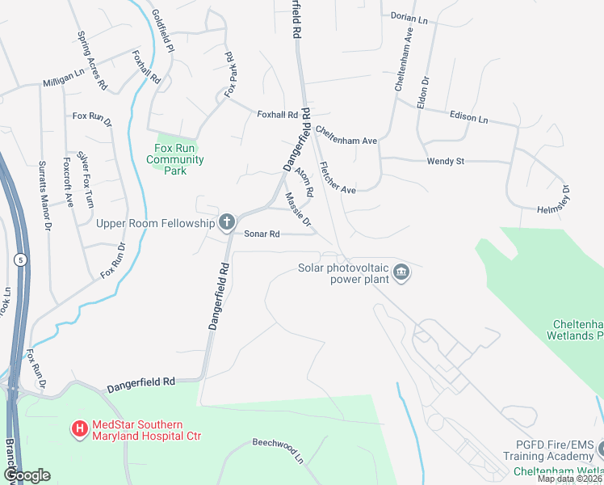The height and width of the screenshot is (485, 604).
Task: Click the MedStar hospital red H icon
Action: pos(80,428)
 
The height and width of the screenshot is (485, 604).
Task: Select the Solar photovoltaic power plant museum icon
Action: pos(401,275)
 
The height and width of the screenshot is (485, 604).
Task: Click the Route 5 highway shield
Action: pos(19,259)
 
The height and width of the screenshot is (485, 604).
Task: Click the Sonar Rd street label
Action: pos(262,234)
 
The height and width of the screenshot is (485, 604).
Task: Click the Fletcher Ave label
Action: pos(338,178)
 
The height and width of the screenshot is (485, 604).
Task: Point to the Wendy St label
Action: pos(446,162)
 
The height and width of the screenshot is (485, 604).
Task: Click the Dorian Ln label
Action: pos(409,16)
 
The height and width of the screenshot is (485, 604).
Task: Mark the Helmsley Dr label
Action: pos(554,200)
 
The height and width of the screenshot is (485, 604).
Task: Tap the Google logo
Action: pos(27,475)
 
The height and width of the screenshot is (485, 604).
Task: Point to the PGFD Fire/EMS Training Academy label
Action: pos(555,450)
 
